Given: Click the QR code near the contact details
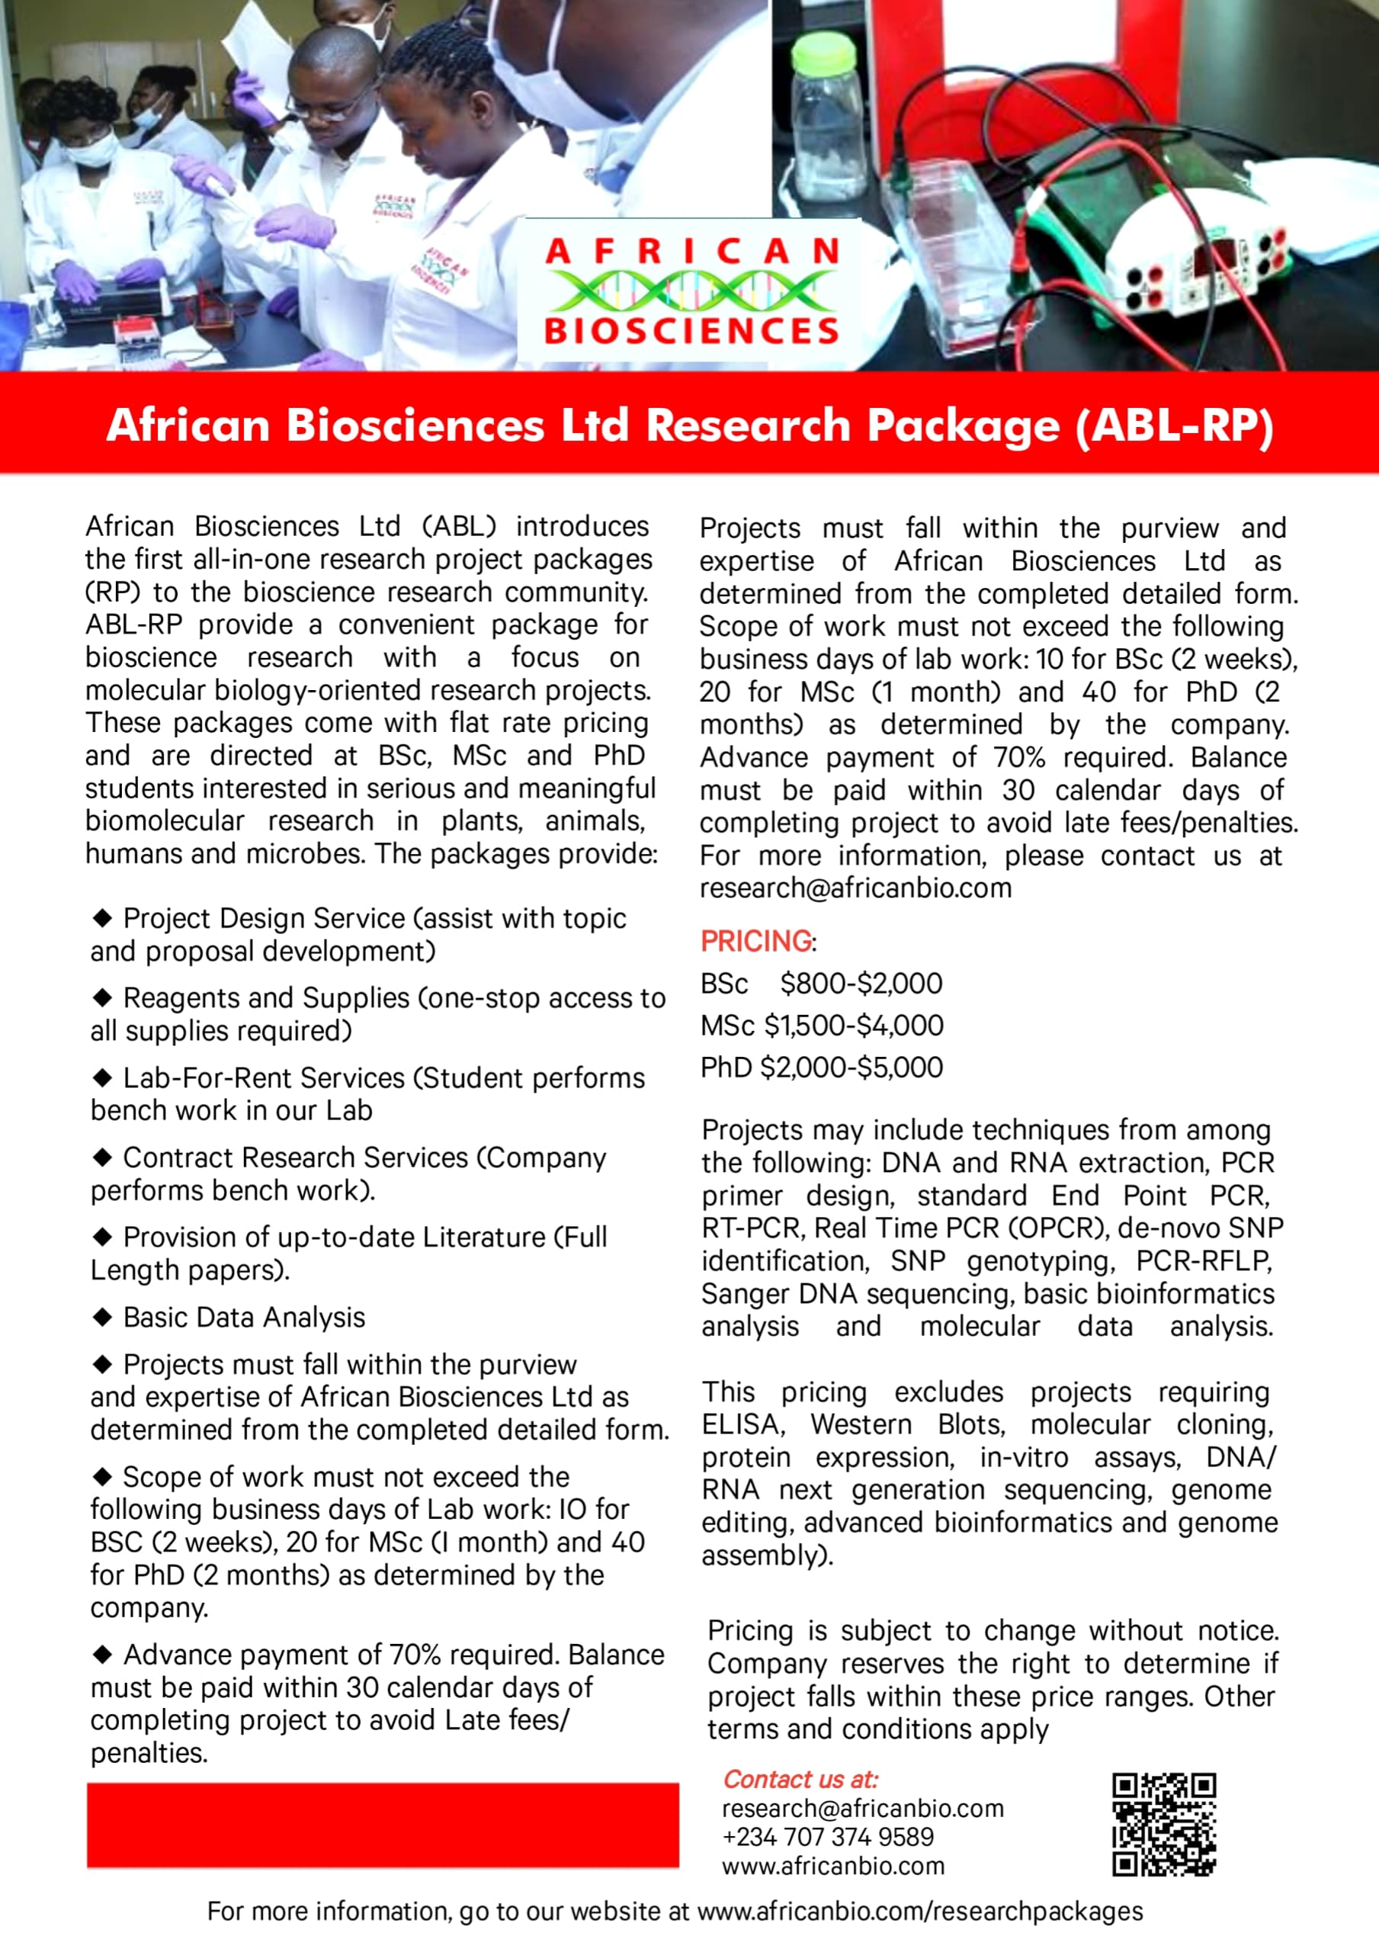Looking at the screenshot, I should (x=1164, y=1824).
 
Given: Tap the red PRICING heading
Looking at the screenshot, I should (x=755, y=941).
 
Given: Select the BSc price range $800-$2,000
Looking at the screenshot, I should (x=861, y=984).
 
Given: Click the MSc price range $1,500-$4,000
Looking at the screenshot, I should (x=854, y=1026).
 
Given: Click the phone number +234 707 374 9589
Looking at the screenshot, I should (x=827, y=1836).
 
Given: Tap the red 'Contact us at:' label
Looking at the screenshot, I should (x=800, y=1780).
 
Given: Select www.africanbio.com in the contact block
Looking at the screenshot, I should (x=832, y=1866).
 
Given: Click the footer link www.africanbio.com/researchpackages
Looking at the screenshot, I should (x=920, y=1911).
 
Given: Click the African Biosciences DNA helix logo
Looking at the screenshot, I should (x=691, y=291).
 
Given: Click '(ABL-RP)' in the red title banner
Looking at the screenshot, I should (x=1174, y=425).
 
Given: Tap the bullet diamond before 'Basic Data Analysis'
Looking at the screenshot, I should (x=103, y=1317).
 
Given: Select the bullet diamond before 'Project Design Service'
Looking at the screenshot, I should (x=103, y=917).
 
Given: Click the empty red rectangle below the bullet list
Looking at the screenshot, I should (x=383, y=1825).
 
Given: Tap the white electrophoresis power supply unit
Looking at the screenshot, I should (x=1201, y=255).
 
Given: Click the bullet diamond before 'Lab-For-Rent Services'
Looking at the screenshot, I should (x=103, y=1077).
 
